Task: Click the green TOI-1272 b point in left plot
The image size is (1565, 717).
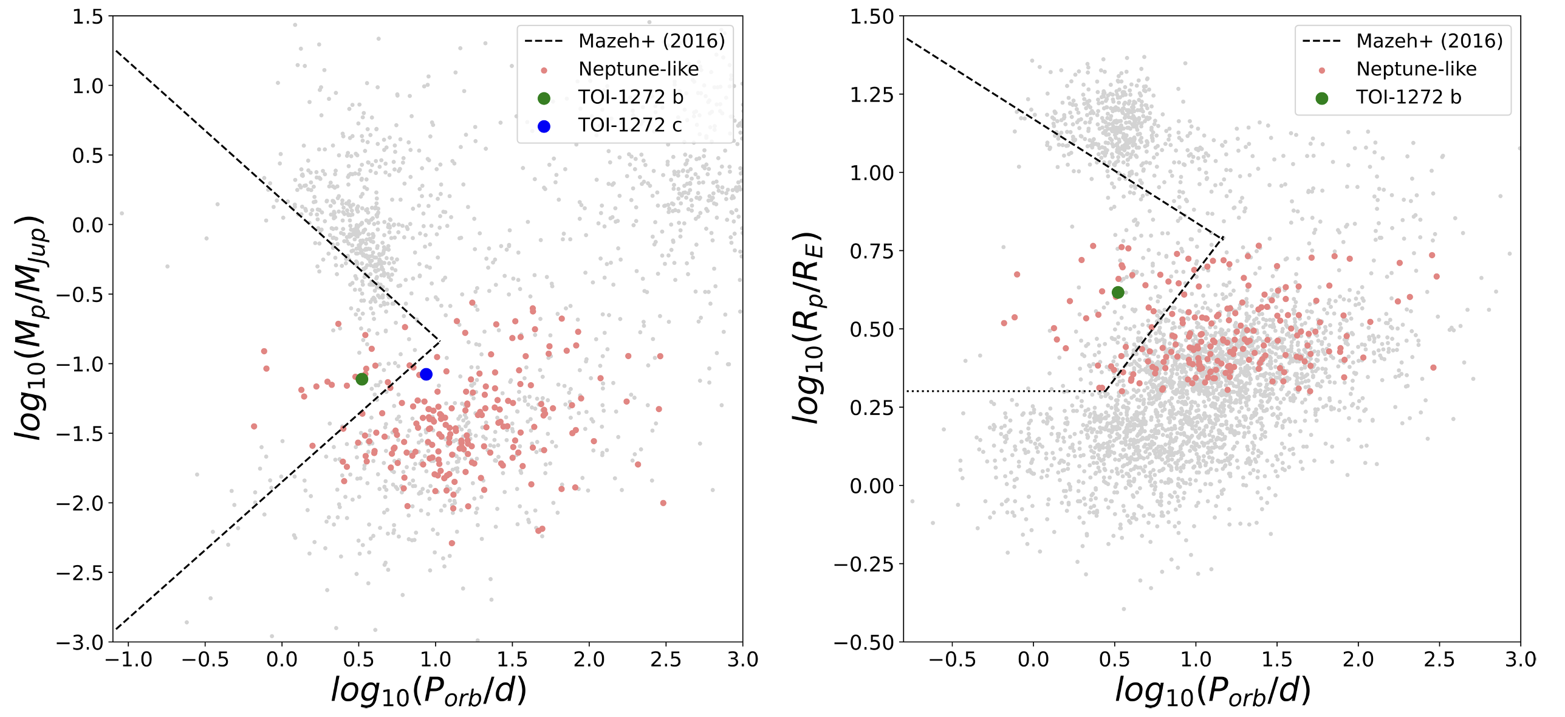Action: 362,379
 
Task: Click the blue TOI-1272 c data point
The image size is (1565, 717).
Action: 426,374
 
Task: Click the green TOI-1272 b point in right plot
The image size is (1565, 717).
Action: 1118,292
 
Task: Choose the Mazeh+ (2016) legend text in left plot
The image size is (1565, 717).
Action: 651,41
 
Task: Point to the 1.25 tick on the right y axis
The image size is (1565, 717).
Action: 872,95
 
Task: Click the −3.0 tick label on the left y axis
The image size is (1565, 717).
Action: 80,642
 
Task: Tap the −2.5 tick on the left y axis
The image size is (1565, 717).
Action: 80,573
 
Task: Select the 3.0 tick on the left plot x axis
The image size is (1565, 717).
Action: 742,660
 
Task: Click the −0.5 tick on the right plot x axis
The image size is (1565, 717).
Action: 952,660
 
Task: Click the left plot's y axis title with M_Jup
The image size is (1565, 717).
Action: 30,328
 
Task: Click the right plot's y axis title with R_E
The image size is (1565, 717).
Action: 808,328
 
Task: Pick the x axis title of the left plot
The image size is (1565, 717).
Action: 428,691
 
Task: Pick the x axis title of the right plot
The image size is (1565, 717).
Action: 1212,691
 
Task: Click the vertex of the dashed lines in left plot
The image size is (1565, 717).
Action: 439,341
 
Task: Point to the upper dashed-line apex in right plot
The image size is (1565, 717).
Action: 1222,238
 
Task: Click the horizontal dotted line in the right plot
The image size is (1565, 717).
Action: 1002,391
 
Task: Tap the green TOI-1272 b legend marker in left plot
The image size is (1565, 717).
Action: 544,98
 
